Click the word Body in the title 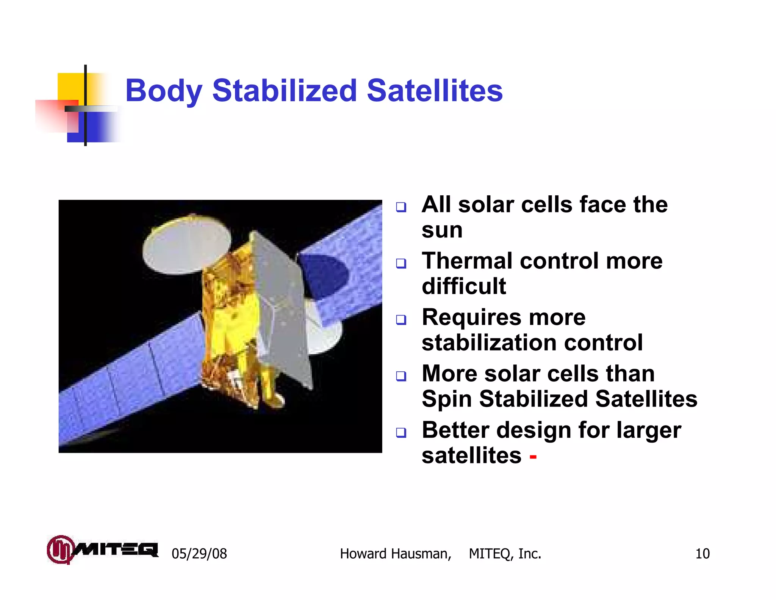pyautogui.click(x=163, y=91)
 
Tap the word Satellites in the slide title pyautogui.click(x=435, y=91)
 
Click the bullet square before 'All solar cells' pyautogui.click(x=401, y=207)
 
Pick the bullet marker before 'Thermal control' pyautogui.click(x=401, y=263)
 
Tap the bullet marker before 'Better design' pyautogui.click(x=401, y=432)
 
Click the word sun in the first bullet pyautogui.click(x=442, y=230)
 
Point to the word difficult pyautogui.click(x=464, y=286)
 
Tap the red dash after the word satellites pyautogui.click(x=533, y=457)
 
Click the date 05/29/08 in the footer pyautogui.click(x=199, y=554)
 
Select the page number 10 pyautogui.click(x=702, y=554)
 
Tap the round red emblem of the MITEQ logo pyautogui.click(x=59, y=549)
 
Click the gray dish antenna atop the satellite pyautogui.click(x=186, y=245)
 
